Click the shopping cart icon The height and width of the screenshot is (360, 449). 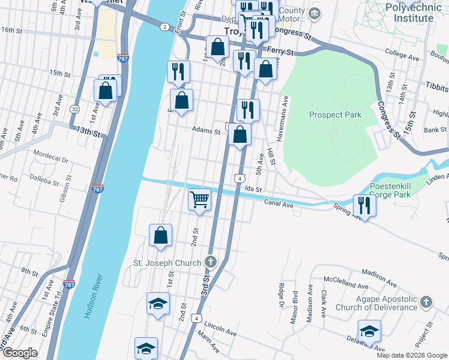(x=199, y=199)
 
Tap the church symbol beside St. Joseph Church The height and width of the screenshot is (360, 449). (x=210, y=262)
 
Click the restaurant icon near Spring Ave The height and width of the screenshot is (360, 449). (x=364, y=205)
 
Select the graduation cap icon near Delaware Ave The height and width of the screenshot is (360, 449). (x=369, y=331)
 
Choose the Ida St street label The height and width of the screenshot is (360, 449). (x=255, y=189)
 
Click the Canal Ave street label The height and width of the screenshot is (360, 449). (x=279, y=204)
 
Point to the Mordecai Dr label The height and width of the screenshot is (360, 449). (x=51, y=153)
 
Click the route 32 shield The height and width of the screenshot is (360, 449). (x=74, y=109)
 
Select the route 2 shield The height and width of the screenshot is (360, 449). (x=164, y=27)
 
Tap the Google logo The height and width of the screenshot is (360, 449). (x=19, y=353)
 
